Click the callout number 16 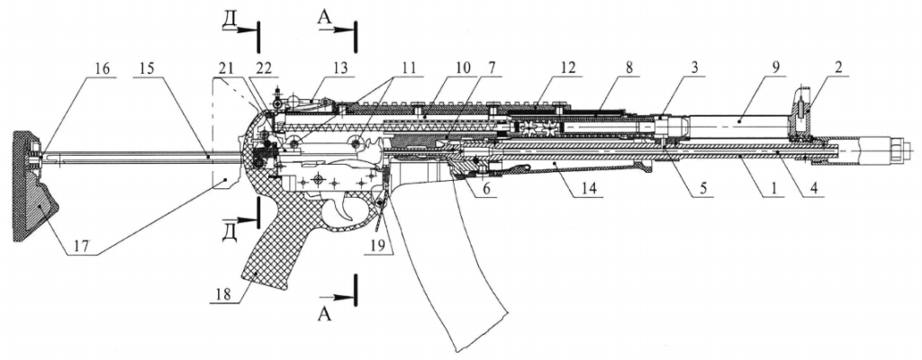[105, 68]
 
